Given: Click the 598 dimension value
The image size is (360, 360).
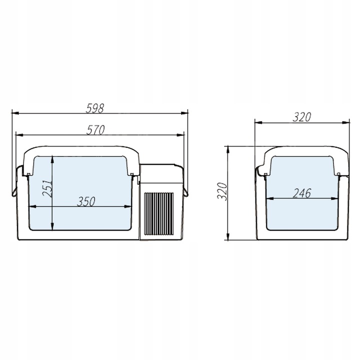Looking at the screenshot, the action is click(95, 108).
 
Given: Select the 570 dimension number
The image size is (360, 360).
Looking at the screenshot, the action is click(95, 130).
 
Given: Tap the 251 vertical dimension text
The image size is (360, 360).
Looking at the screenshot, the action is click(47, 188).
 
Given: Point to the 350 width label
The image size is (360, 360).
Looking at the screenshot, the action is click(86, 201).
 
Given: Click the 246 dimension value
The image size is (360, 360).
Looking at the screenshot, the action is click(302, 193).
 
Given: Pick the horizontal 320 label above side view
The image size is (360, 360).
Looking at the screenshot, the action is click(301, 117).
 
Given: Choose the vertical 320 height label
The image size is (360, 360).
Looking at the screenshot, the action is click(222, 191).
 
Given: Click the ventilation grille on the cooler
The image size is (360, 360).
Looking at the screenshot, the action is click(158, 214).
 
